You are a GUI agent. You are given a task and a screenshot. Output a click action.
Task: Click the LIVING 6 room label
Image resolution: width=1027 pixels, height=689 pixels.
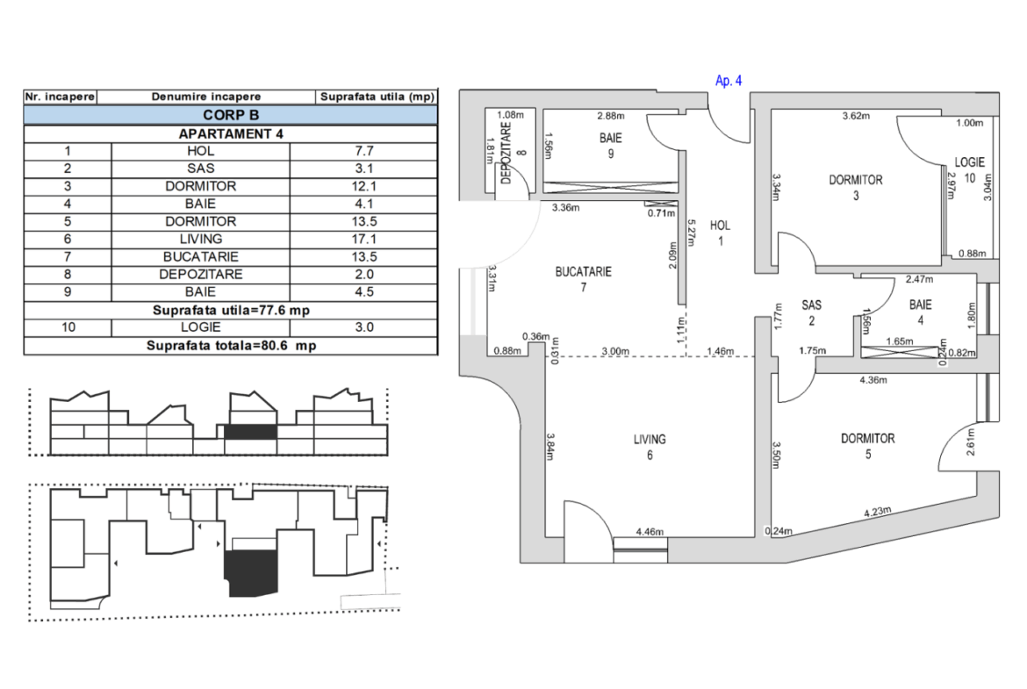tap(650, 447)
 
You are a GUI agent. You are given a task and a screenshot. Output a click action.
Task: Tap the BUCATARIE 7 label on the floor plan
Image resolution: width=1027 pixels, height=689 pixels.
tap(583, 279)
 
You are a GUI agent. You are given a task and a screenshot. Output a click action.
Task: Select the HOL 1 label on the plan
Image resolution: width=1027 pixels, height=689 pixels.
tap(720, 233)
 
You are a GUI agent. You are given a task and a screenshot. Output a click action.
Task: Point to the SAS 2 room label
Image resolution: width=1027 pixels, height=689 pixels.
tap(812, 312)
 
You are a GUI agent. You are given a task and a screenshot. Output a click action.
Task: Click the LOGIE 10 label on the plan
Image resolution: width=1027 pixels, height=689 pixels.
tap(970, 169)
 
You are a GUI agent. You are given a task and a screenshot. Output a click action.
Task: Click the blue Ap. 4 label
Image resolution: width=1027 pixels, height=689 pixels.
tap(729, 81)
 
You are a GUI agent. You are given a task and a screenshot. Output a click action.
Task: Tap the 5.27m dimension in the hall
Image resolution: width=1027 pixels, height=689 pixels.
tap(691, 236)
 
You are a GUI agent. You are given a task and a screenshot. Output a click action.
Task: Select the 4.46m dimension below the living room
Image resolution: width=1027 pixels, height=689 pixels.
tap(650, 531)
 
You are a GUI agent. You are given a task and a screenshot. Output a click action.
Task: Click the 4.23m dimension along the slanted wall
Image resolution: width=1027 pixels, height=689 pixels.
tap(879, 513)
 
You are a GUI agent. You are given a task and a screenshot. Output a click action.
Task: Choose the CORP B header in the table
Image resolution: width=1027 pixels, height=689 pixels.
tap(230, 115)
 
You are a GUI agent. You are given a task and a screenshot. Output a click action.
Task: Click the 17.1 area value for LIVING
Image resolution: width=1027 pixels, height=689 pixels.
tap(363, 239)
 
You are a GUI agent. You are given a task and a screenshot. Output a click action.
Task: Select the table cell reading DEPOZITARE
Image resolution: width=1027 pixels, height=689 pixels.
tap(200, 274)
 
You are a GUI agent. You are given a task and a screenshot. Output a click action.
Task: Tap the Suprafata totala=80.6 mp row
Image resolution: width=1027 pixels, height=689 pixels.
tap(230, 345)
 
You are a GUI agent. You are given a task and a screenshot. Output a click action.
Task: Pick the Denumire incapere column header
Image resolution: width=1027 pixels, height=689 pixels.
tap(205, 97)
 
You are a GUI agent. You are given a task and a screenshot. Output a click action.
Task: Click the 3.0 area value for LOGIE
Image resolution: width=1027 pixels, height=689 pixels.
tap(363, 327)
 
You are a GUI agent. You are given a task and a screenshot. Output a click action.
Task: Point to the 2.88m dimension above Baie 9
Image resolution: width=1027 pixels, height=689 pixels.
tap(610, 116)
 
